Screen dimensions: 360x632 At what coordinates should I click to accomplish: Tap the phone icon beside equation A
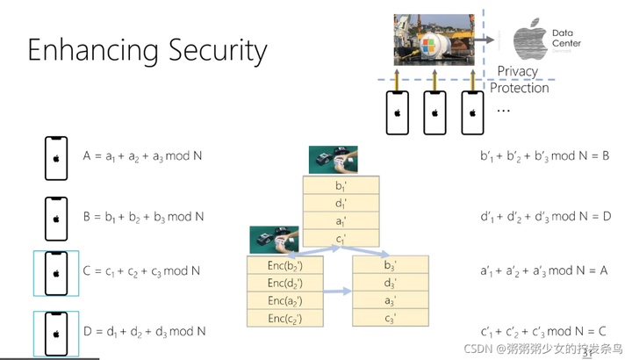click(x=56, y=158)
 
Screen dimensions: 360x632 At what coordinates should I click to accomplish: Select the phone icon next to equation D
click(x=56, y=332)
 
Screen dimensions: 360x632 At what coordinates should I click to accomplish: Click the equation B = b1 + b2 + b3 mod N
click(x=144, y=216)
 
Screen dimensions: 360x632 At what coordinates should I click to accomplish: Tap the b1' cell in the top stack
click(x=341, y=186)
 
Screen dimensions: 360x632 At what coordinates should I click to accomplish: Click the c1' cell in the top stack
click(x=341, y=239)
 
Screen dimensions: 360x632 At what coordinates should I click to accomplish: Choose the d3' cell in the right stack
click(x=391, y=283)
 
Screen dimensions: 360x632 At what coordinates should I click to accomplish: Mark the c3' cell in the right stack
click(x=391, y=317)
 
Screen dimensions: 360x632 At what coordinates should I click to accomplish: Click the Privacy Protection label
click(x=520, y=79)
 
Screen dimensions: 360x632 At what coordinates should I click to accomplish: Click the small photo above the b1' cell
click(x=333, y=159)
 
